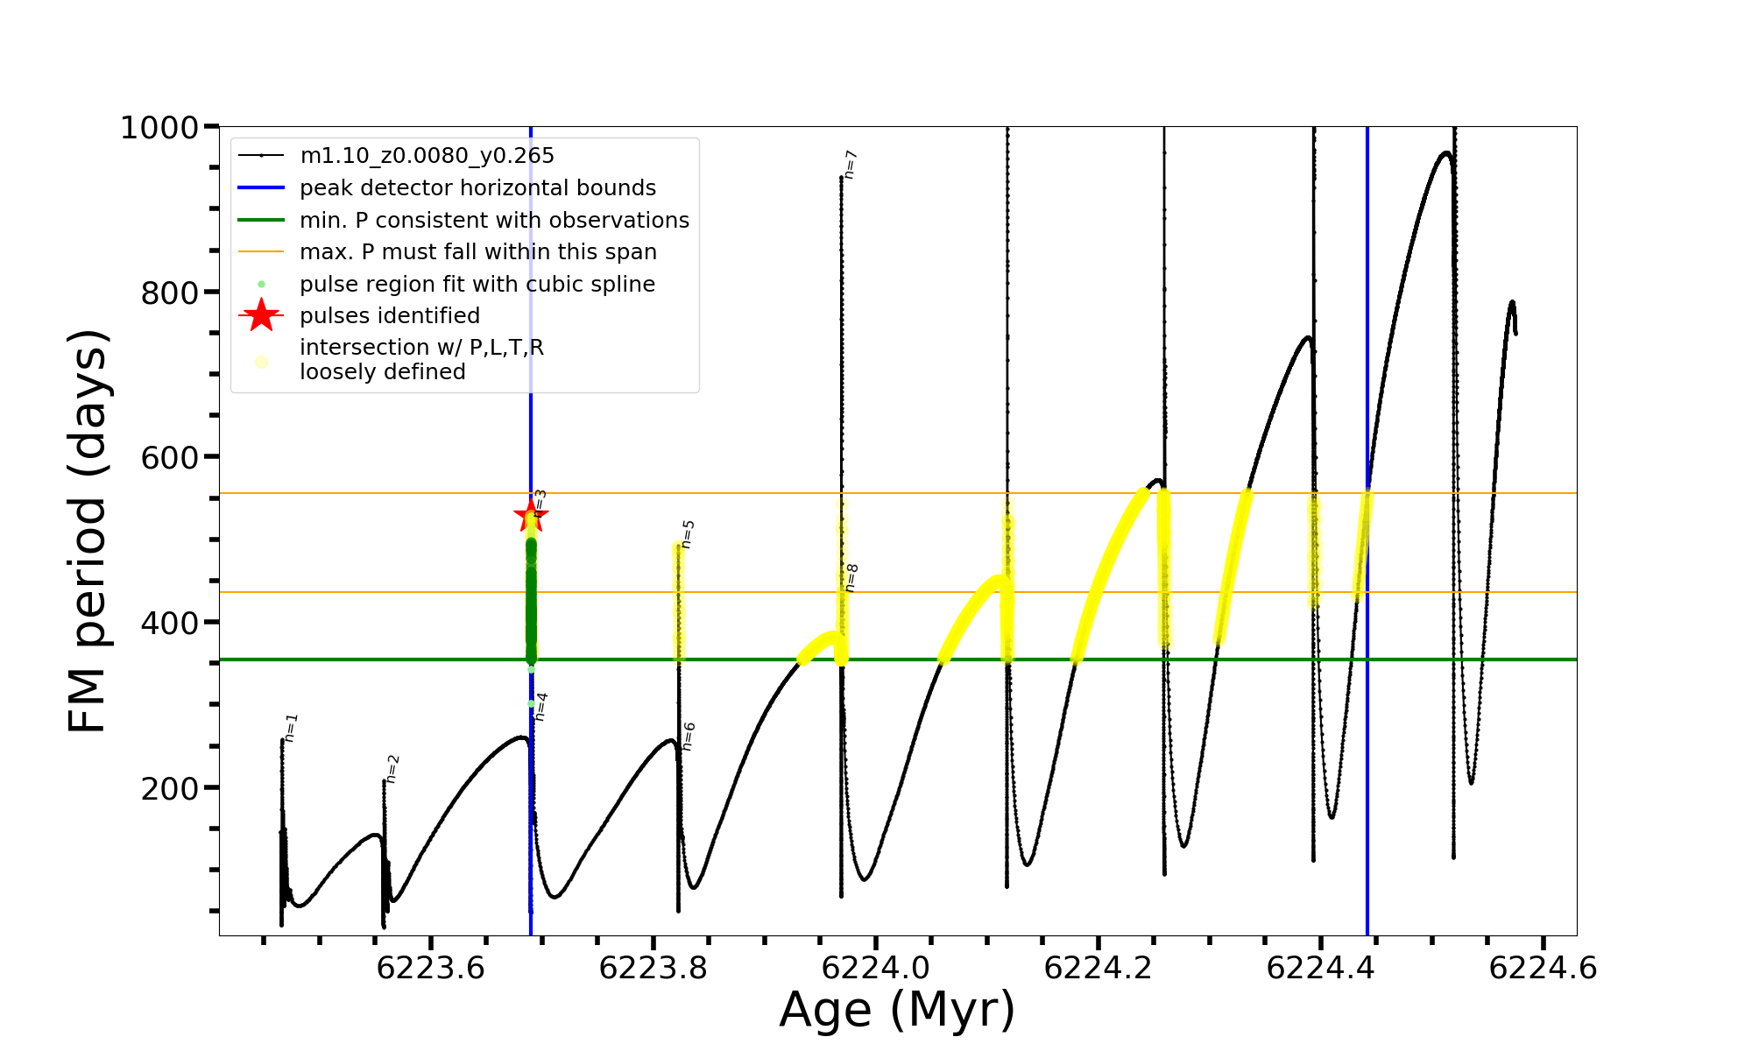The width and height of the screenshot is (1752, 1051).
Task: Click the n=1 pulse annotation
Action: pos(292,728)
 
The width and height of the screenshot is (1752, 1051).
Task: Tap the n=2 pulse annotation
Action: pos(392,768)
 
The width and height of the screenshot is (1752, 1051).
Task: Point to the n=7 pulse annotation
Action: pos(850,165)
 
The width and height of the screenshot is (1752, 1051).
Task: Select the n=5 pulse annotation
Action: pos(688,534)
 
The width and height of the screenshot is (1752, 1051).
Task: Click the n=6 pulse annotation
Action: pos(689,737)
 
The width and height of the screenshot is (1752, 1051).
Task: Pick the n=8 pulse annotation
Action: pos(851,578)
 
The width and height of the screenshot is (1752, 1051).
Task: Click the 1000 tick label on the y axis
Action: pos(159,128)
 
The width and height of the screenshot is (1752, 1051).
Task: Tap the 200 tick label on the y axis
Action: pos(170,788)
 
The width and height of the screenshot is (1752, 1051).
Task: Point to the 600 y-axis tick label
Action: pos(170,458)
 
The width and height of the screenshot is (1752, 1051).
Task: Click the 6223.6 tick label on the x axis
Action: pos(430,969)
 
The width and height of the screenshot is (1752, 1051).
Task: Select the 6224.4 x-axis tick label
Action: pos(1321,969)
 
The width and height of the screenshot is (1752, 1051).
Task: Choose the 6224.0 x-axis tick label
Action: pos(876,969)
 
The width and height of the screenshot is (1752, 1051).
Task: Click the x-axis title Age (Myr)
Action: pos(897,1010)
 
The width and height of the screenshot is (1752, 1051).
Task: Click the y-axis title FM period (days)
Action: pos(89,531)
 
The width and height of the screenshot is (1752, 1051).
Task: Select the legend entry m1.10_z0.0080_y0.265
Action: pos(427,156)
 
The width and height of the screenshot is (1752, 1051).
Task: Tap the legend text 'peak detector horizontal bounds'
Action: pos(477,188)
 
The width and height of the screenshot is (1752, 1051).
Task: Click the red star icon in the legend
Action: pos(261,315)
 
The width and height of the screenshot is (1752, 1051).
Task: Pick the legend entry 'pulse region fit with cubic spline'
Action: pos(477,285)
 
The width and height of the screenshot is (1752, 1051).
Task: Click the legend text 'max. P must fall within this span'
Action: pos(477,252)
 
